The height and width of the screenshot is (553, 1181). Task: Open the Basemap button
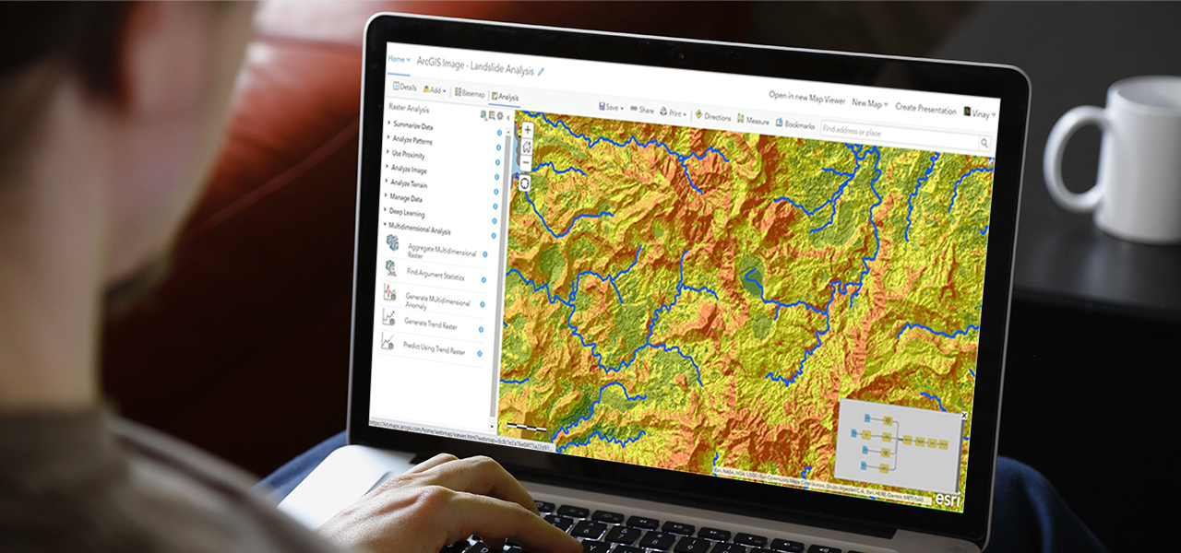[x=470, y=94]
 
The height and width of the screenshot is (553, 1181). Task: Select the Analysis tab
[x=506, y=97]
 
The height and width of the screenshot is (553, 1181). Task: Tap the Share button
[x=642, y=111]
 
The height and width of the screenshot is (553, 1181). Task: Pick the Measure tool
[x=754, y=121]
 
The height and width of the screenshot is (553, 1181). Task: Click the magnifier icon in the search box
[x=984, y=143]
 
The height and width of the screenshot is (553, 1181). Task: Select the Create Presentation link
[x=925, y=108]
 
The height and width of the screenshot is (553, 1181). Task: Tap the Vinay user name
[x=979, y=112]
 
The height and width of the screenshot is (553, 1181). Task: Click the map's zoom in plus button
[x=528, y=131]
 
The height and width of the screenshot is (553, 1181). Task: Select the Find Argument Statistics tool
[x=435, y=275]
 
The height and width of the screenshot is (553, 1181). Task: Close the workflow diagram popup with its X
[x=963, y=416]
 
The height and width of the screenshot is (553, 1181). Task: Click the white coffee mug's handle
[x=1061, y=158]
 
